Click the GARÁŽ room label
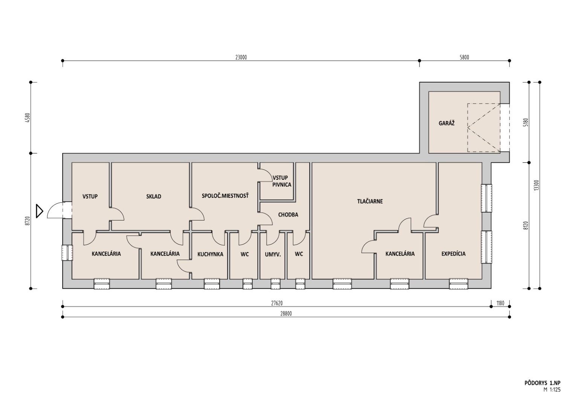point(447,123)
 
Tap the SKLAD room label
point(154,196)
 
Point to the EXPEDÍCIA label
point(454,254)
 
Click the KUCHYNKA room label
point(210,254)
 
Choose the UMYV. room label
point(273,254)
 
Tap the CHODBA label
point(288,214)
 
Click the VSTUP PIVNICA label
point(282,181)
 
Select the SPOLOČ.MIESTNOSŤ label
point(225,196)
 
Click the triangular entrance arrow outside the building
point(39,211)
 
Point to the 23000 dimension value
point(241,57)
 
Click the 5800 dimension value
point(464,57)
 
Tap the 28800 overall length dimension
point(286,314)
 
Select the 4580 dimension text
point(28,118)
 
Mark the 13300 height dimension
point(536,185)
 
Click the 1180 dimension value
point(500,303)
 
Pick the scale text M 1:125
point(552,396)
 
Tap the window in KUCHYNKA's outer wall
point(212,284)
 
